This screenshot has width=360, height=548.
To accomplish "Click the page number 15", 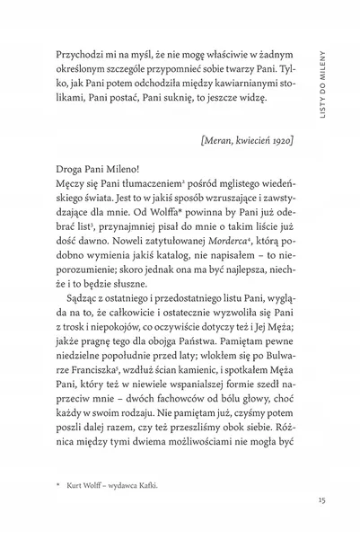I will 308,500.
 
